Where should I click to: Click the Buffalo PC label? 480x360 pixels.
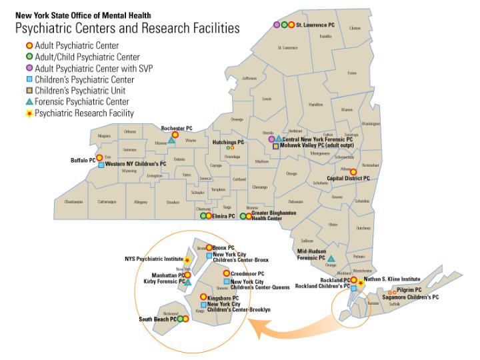coord(83,160)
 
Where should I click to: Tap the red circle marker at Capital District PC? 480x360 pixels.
coord(353,171)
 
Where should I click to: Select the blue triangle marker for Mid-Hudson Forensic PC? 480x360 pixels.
coord(331,258)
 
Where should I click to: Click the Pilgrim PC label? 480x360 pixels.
coord(409,290)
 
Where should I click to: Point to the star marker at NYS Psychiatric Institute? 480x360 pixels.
coord(187,259)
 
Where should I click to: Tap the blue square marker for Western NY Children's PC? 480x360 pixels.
coord(101,165)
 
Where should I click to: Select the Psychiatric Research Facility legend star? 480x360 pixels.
coord(29,113)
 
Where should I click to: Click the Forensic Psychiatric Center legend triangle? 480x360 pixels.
coord(29,102)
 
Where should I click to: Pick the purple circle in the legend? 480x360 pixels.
coord(29,68)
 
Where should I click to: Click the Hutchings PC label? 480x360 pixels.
coord(228,142)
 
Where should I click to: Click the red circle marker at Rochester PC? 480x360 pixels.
coord(175,135)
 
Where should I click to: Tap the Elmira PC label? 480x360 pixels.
coord(223,216)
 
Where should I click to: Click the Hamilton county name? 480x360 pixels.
coord(316,105)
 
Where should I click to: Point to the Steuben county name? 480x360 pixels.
coord(173,201)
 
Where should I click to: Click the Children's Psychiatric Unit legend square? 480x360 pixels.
coord(29,91)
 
